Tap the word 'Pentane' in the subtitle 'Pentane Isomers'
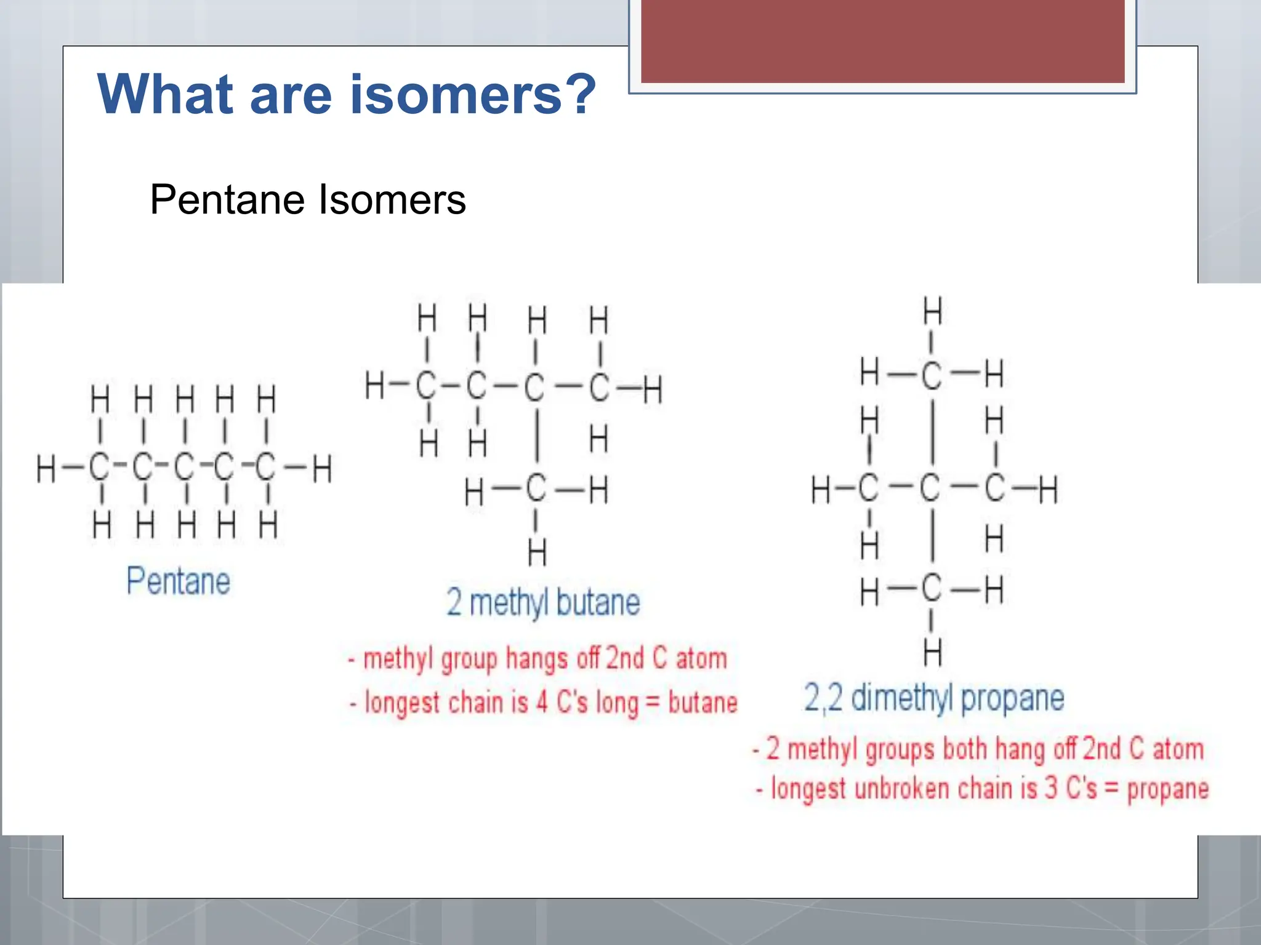227,200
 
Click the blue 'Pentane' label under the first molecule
179,581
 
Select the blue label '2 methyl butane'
543,602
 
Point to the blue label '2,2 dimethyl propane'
934,698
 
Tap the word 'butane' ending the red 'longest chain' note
703,703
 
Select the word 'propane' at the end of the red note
1167,789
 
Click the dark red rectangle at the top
882,41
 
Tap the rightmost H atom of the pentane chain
322,469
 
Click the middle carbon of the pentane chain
184,468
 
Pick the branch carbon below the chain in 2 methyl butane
536,489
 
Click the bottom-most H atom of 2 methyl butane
537,552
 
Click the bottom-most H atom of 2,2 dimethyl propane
932,652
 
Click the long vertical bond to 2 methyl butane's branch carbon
538,436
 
